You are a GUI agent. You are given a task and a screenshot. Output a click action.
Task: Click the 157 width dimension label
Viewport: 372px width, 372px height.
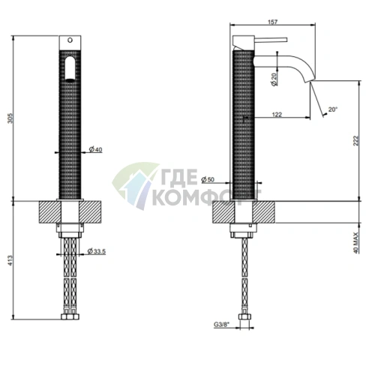(272, 22)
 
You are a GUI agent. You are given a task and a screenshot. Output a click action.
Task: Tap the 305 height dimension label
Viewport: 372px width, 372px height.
(10, 118)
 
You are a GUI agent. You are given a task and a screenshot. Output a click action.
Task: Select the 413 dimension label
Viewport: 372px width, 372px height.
(10, 260)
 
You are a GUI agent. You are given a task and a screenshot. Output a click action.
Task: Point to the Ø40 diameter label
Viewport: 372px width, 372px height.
(95, 149)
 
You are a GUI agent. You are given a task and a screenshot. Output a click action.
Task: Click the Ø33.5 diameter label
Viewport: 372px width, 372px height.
(96, 251)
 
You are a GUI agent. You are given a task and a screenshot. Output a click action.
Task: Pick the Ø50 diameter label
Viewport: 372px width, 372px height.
(208, 179)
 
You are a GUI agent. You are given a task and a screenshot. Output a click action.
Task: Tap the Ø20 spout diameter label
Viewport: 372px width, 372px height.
(274, 79)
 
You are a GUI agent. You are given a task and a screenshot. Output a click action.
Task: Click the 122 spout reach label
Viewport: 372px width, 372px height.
(277, 115)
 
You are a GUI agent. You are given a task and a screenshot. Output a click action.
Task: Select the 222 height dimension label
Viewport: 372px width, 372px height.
(355, 141)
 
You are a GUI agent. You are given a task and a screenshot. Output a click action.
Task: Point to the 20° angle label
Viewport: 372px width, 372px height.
(333, 109)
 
